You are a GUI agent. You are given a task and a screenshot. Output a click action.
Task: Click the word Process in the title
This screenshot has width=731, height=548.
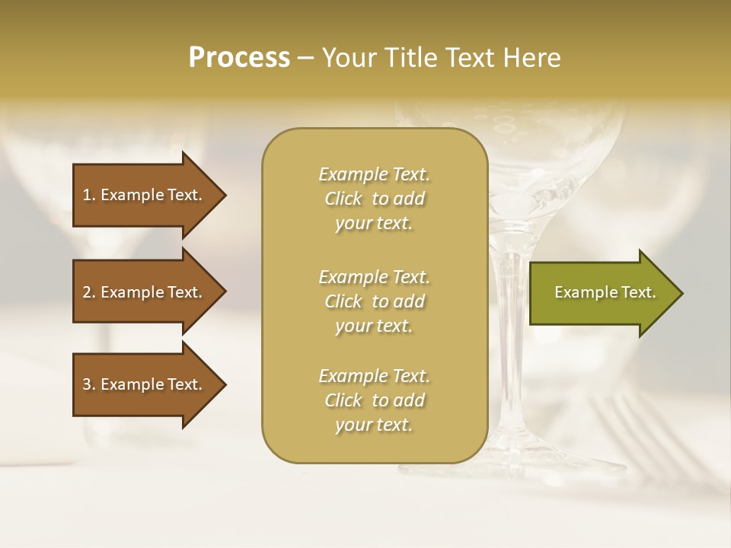pyautogui.click(x=239, y=58)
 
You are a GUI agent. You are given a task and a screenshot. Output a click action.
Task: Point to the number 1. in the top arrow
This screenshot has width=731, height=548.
pyautogui.click(x=89, y=195)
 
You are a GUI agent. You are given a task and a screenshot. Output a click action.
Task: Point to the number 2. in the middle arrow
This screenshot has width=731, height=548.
pyautogui.click(x=89, y=292)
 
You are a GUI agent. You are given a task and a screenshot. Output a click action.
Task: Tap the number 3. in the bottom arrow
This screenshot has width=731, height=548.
pyautogui.click(x=89, y=384)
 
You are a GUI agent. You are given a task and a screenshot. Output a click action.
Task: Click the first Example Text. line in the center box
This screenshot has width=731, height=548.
pyautogui.click(x=374, y=174)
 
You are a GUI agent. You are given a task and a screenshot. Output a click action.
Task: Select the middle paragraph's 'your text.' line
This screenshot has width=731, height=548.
pyautogui.click(x=374, y=326)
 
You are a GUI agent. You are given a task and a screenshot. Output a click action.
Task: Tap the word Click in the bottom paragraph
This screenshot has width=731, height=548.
pyautogui.click(x=343, y=400)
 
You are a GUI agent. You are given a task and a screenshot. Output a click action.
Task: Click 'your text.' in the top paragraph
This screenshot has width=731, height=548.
pyautogui.click(x=374, y=224)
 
